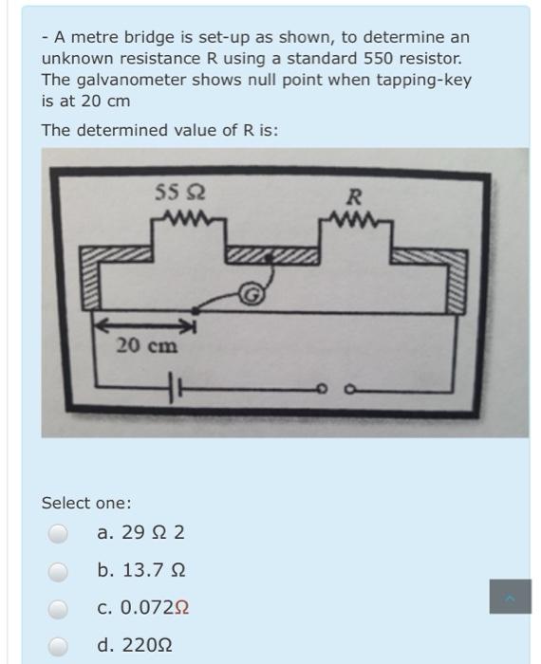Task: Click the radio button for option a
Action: (x=58, y=533)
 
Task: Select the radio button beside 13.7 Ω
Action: (x=58, y=572)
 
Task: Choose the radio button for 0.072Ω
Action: (x=58, y=609)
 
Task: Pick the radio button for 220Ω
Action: (x=58, y=647)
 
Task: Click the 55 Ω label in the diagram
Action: (x=180, y=192)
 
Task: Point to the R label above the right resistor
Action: (x=354, y=197)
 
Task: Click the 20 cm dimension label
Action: (x=147, y=346)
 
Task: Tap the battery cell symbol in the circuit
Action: (x=175, y=387)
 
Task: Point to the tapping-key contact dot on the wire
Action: (x=195, y=311)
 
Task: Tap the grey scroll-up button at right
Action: (x=510, y=597)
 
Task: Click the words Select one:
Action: (x=86, y=503)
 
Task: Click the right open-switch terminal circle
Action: (x=350, y=388)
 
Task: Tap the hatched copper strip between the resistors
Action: (x=272, y=255)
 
